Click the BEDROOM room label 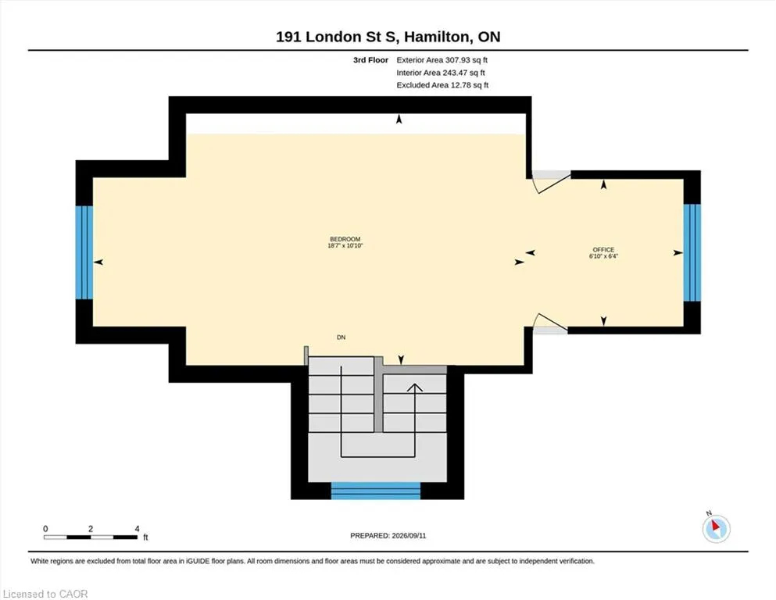345,239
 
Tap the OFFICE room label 603,250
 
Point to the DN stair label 341,337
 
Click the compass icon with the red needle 716,528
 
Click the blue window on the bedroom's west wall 84,252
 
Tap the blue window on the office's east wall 692,253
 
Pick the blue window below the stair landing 376,491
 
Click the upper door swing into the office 551,182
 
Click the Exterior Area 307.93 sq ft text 442,60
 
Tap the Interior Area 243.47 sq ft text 441,73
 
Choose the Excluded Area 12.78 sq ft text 442,85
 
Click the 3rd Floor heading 370,60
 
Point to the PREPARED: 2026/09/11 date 388,536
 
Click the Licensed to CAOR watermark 45,594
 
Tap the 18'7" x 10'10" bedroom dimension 345,245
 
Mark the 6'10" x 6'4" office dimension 603,256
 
